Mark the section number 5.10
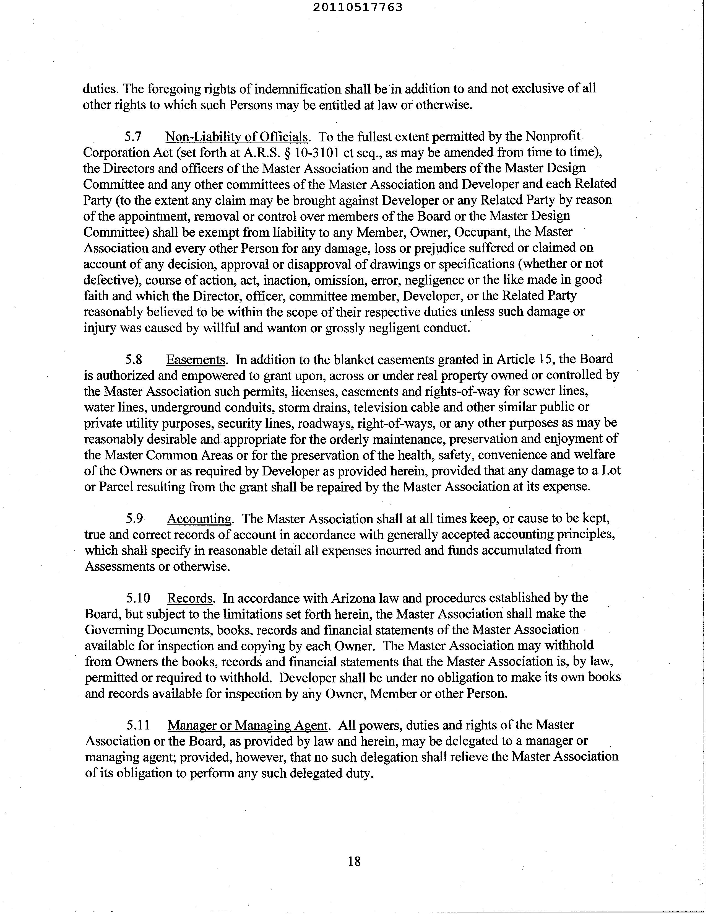tap(138, 598)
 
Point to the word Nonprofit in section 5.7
tap(554, 137)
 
